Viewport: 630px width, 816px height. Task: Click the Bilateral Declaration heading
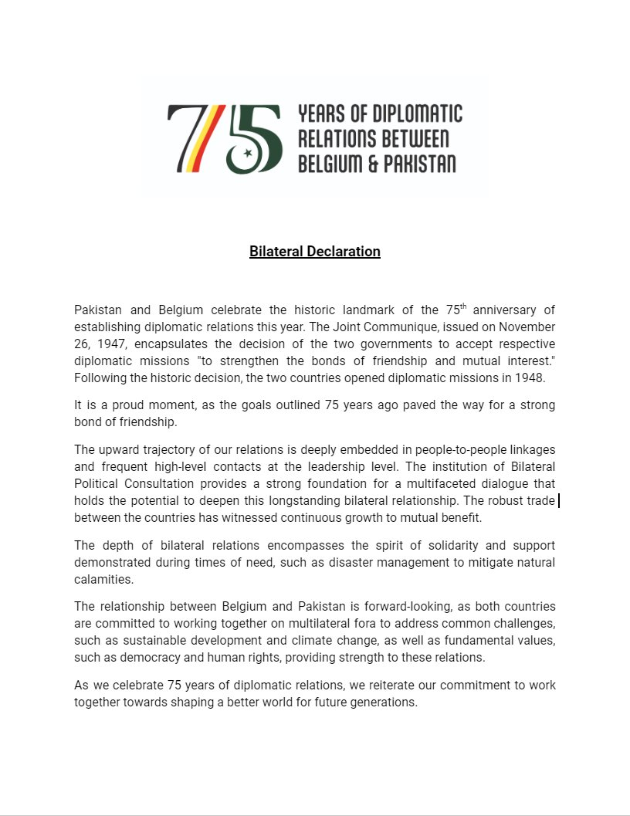[314, 252]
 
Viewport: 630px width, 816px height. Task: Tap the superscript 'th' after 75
[463, 306]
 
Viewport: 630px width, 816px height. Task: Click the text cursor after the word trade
[558, 501]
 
